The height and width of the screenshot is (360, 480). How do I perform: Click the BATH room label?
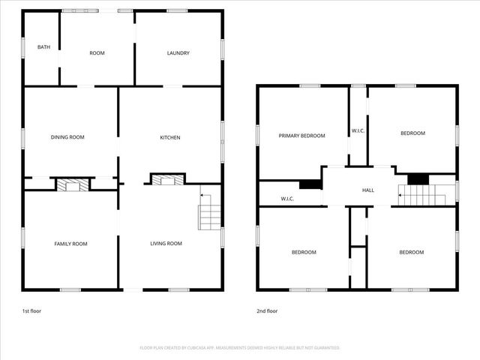pos(44,48)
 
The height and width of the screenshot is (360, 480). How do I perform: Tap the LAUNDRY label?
pos(178,53)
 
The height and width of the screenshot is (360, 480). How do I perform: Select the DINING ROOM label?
pos(67,137)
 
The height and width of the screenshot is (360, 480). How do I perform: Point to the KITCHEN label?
pos(170,137)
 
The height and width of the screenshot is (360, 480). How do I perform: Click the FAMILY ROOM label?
pos(70,244)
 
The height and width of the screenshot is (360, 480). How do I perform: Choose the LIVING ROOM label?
pos(166,244)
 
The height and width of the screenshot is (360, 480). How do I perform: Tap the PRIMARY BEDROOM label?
pos(302,136)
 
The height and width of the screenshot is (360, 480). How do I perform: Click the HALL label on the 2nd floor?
pos(368,190)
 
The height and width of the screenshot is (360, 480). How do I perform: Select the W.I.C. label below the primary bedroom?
pos(287,199)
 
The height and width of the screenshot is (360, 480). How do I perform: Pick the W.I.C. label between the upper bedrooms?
pos(358,132)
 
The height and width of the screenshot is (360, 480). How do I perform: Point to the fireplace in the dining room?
pos(73,184)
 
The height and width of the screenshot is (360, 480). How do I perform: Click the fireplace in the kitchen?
pos(167,179)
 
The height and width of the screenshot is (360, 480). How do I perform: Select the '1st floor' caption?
pos(31,310)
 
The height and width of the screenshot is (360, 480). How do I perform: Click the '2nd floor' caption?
pos(267,310)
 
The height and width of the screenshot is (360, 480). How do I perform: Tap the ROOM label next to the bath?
pos(97,53)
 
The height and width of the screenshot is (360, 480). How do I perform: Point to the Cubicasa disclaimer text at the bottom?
pos(240,348)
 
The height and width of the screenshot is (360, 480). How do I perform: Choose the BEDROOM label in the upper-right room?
pos(412,133)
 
